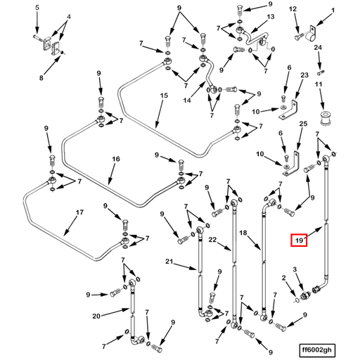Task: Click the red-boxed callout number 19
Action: point(299,240)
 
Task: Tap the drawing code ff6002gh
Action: point(317,350)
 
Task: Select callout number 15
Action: point(164,96)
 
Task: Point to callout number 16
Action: point(116,159)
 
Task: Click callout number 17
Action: point(79,212)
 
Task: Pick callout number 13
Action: point(271,17)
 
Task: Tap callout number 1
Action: point(333,11)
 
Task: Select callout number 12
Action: point(292,9)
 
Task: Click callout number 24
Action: point(318,48)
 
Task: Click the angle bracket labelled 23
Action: point(288,110)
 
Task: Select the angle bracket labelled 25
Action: point(292,164)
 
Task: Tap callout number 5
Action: point(37,8)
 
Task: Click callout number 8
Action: point(41,77)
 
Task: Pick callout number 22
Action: point(213,240)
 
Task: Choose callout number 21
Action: point(169,262)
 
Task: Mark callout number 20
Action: point(96,316)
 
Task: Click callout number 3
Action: point(295,269)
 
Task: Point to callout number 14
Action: point(187,101)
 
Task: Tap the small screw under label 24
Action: point(321,73)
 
